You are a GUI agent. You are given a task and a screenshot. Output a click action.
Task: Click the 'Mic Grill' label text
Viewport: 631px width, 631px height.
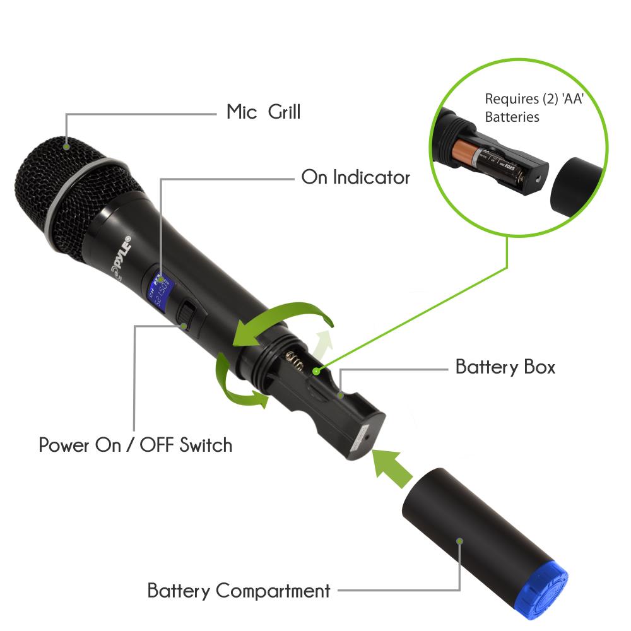coord(263,112)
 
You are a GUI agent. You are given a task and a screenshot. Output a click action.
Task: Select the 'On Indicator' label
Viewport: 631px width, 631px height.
coord(355,177)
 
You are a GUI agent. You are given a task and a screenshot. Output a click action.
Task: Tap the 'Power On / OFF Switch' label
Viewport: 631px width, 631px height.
coord(136,445)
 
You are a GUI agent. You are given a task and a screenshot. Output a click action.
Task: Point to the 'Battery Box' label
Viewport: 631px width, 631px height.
coord(505,367)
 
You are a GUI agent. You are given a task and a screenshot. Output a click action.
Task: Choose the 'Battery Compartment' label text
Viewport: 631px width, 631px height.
coord(239,591)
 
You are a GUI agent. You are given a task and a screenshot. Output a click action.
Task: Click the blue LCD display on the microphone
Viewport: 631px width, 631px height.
coord(160,287)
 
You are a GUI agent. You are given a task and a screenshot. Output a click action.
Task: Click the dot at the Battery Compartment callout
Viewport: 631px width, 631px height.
coord(460,541)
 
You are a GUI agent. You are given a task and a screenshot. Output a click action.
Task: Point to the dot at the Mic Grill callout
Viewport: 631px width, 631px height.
coord(66,146)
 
